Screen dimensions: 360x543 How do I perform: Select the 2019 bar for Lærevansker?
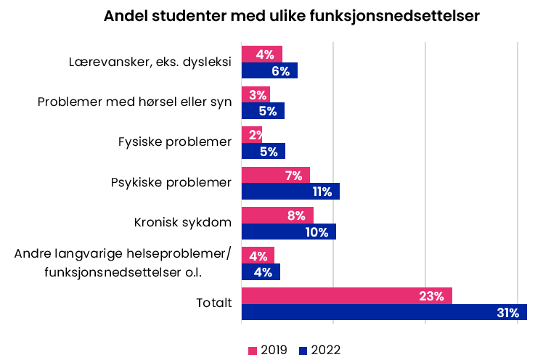[261, 54]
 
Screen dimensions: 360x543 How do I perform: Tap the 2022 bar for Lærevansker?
[269, 71]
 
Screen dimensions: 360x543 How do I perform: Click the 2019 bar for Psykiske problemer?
[275, 175]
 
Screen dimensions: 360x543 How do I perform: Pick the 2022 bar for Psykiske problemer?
[290, 192]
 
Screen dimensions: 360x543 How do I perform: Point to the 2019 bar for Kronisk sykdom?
[277, 216]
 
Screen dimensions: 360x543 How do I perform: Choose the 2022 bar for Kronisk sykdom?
[288, 232]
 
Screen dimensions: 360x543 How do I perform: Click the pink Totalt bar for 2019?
[346, 295]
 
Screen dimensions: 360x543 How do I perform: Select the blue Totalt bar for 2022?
[383, 313]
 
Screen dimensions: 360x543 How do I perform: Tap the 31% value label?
[507, 313]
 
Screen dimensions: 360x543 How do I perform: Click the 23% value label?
[432, 295]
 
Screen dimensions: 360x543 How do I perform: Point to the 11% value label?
[321, 192]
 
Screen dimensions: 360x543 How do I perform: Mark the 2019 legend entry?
[268, 350]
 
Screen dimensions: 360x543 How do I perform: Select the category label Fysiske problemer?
[174, 142]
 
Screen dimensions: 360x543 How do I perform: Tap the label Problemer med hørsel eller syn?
[134, 102]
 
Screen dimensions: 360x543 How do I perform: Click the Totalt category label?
[213, 304]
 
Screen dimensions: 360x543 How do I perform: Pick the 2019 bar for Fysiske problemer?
[251, 135]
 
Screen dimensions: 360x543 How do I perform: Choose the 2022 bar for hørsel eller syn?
[263, 111]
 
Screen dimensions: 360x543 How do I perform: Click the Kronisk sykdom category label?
[183, 223]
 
